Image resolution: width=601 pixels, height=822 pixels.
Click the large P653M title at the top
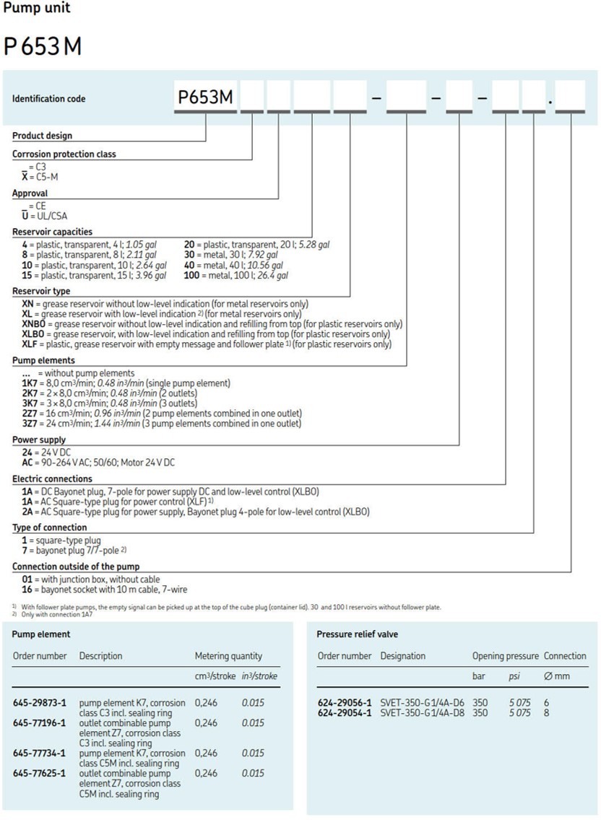pyautogui.click(x=43, y=46)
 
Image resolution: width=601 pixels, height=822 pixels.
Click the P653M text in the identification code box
pyautogui.click(x=206, y=98)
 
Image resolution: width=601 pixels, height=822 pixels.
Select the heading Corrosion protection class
pyautogui.click(x=64, y=154)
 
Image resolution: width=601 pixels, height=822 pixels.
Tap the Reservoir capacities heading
pyautogui.click(x=52, y=232)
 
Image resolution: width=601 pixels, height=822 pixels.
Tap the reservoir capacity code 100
pyautogui.click(x=191, y=275)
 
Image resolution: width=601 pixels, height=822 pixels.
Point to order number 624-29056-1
pyautogui.click(x=345, y=702)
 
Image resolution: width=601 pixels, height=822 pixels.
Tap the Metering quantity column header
pyautogui.click(x=228, y=656)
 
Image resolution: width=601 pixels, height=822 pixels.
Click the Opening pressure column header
pyautogui.click(x=505, y=656)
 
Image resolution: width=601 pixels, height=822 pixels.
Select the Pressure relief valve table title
pyautogui.click(x=357, y=634)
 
